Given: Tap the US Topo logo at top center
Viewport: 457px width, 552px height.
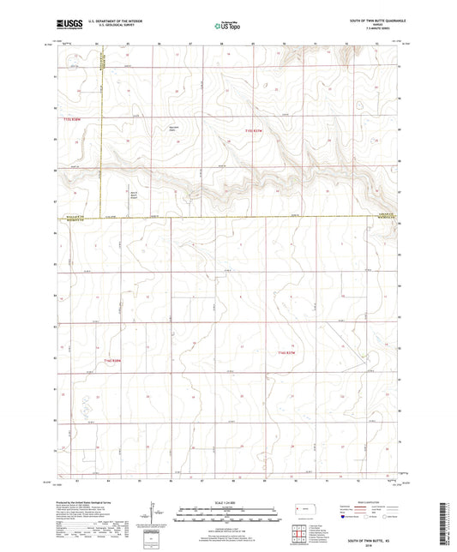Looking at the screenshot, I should (x=227, y=25).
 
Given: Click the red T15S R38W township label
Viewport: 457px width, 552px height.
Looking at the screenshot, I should (x=75, y=119).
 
